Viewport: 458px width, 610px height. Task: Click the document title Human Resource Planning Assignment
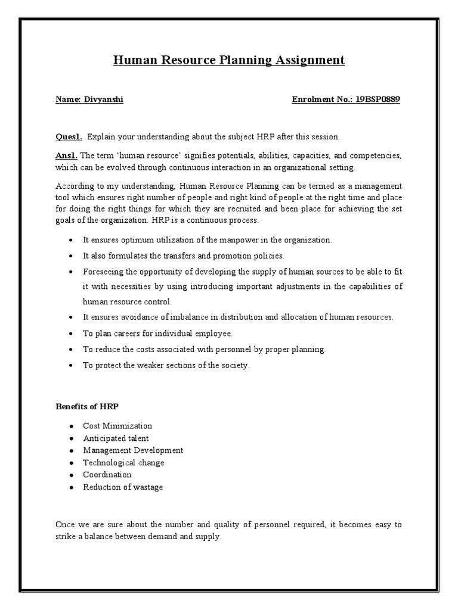click(229, 60)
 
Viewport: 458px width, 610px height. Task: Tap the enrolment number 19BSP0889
click(379, 99)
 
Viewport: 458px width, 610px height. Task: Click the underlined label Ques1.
click(69, 136)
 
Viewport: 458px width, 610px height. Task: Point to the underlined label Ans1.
click(67, 155)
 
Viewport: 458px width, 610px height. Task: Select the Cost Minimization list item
click(117, 426)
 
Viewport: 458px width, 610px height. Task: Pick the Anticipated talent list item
click(116, 438)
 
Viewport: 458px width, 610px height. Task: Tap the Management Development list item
click(133, 450)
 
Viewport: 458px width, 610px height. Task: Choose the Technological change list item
click(123, 463)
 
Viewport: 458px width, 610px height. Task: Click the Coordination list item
click(107, 475)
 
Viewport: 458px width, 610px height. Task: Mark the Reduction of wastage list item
click(123, 487)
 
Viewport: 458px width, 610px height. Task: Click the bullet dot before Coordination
click(71, 475)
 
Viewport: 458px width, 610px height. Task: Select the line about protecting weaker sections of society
click(166, 365)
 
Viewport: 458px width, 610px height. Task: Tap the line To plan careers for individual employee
click(157, 333)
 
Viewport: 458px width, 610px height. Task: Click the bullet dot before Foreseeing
click(71, 271)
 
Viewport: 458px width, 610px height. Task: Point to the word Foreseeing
click(104, 271)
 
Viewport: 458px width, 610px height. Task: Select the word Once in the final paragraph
click(65, 524)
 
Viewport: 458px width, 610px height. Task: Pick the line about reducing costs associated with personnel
click(204, 349)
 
